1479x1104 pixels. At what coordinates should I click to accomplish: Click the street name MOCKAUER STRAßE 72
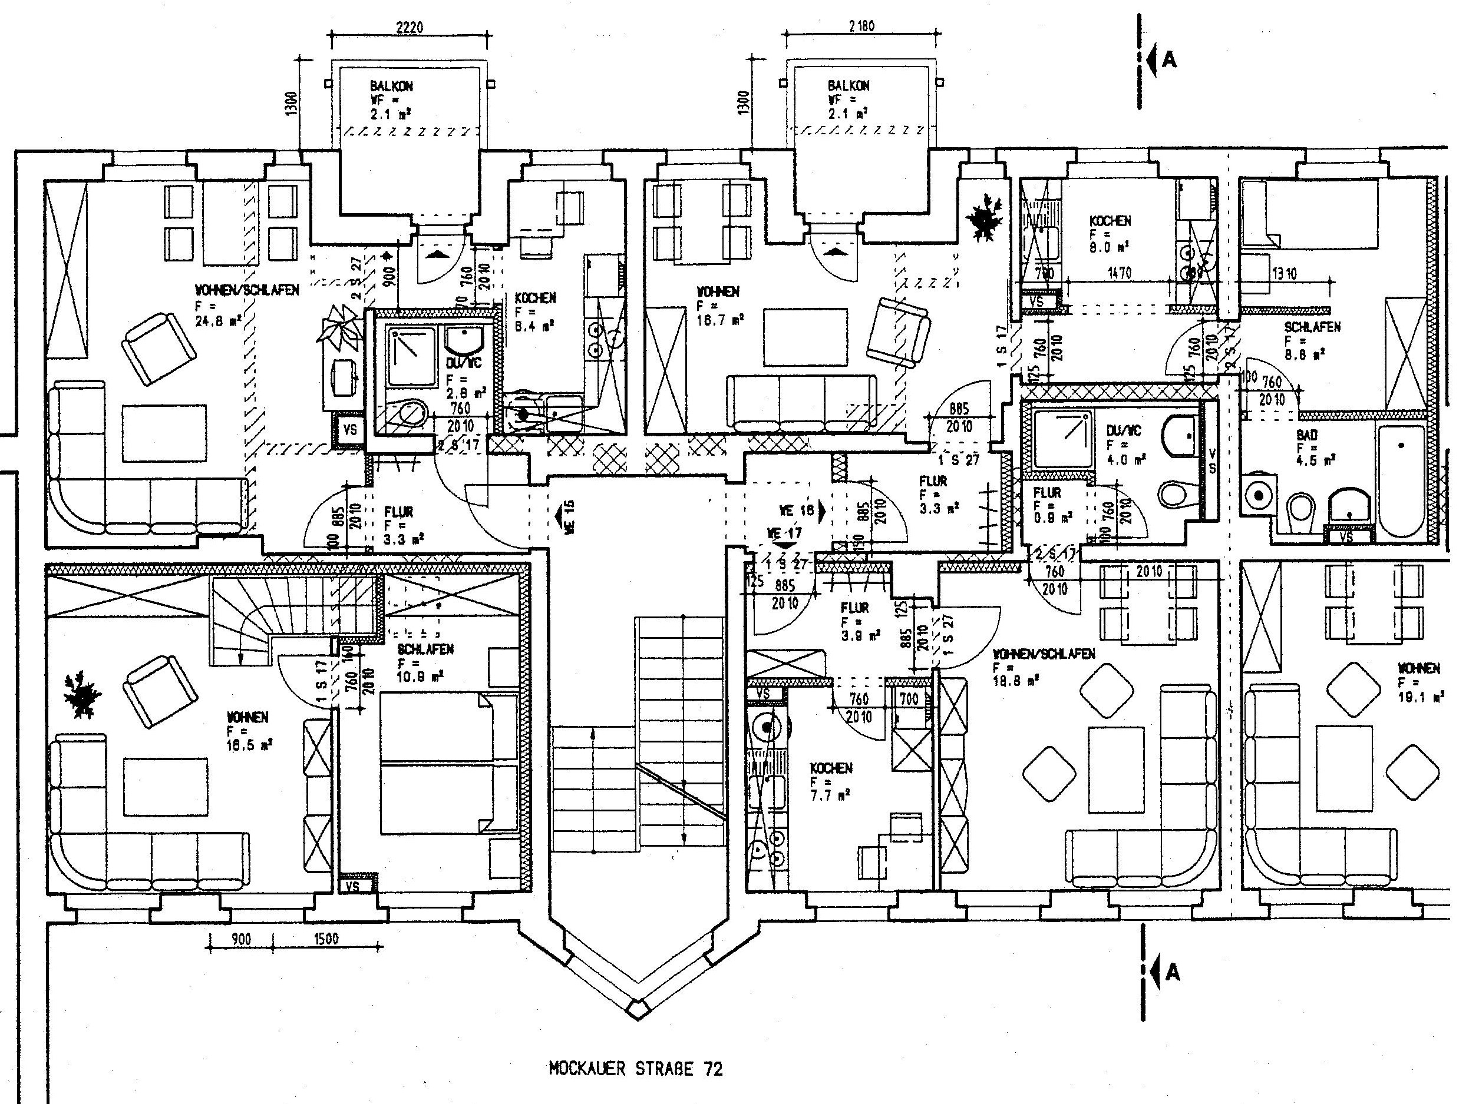point(635,1069)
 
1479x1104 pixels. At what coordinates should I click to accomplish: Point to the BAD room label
point(1306,435)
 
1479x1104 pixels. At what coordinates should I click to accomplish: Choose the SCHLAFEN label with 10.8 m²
point(425,649)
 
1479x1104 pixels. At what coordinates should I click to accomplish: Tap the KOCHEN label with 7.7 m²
point(830,768)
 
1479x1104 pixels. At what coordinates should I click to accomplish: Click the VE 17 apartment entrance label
point(784,534)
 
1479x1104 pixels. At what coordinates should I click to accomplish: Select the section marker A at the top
point(1168,60)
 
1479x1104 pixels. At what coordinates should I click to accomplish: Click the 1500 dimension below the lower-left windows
point(326,939)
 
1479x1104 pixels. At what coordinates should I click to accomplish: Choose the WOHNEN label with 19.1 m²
point(1418,668)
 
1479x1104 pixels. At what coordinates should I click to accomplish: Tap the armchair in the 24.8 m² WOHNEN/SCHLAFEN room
point(159,349)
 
